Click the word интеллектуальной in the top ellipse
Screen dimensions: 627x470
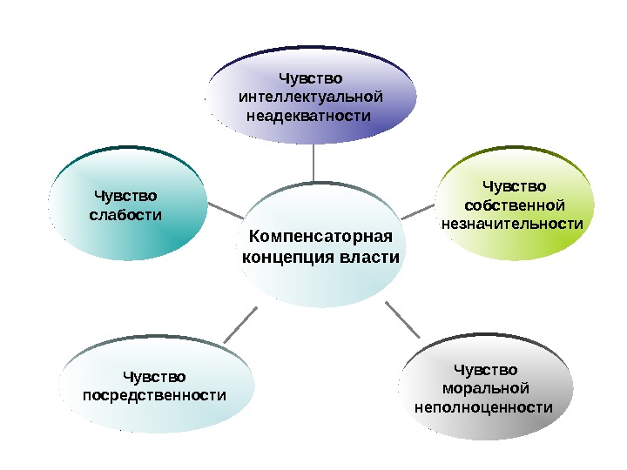(311, 97)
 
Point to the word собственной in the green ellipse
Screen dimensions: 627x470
(515, 205)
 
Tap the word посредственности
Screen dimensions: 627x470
(154, 396)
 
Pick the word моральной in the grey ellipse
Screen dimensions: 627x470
(486, 388)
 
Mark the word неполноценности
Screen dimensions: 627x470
(486, 406)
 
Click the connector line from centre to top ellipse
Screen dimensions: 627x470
(313, 163)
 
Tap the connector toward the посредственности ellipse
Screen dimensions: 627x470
(239, 324)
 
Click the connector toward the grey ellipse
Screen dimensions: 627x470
(402, 320)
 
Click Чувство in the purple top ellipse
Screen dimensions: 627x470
(311, 78)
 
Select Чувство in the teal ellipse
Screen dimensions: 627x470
(125, 195)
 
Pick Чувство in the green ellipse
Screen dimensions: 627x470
(515, 186)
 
